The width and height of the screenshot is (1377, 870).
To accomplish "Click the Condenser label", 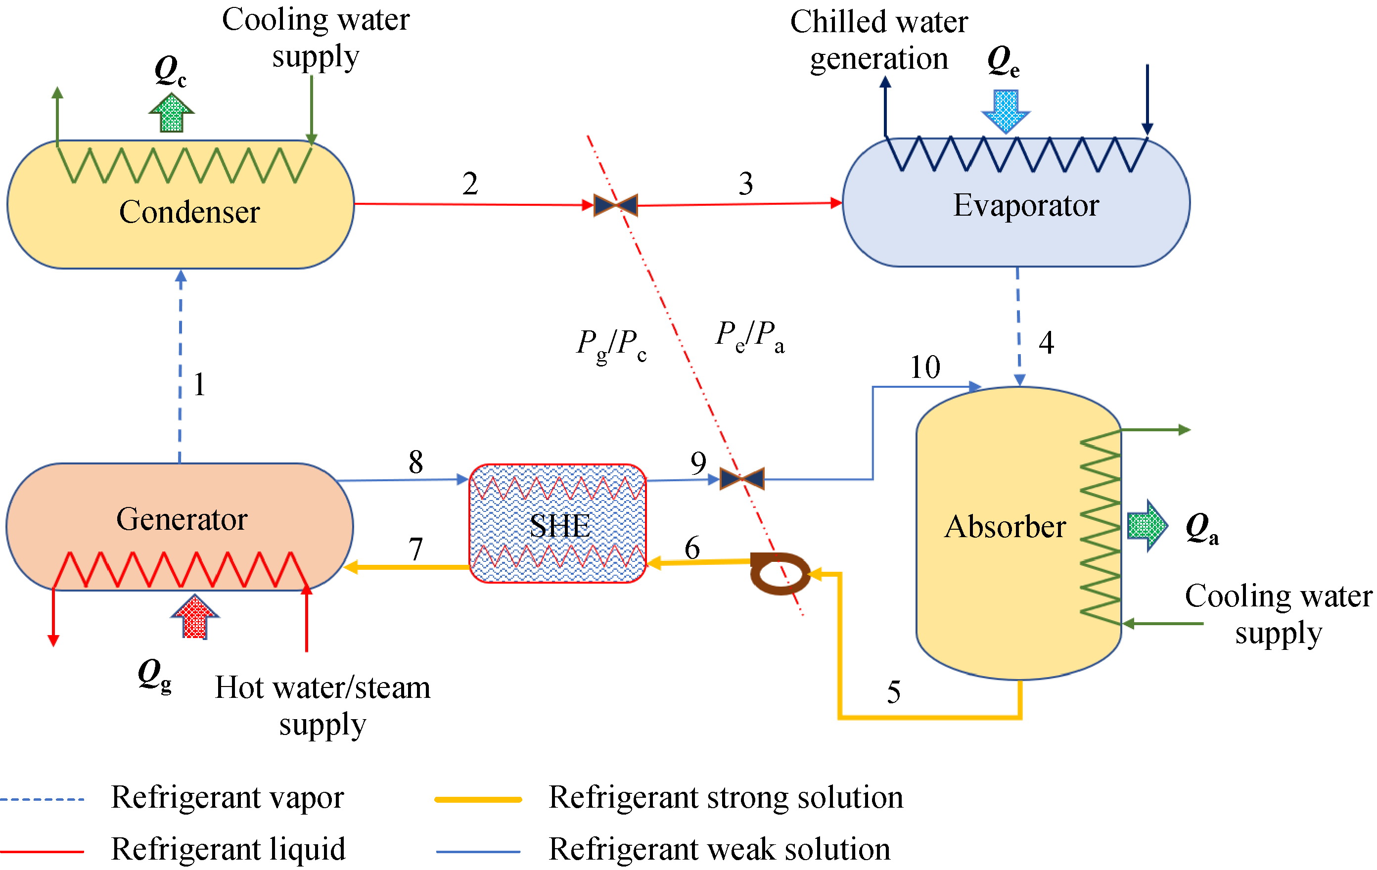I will (x=189, y=212).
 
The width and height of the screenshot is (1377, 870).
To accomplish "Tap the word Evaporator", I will (x=1026, y=205).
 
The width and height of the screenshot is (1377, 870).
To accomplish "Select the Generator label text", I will (x=182, y=519).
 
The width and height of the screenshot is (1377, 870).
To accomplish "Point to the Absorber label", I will (x=1005, y=527).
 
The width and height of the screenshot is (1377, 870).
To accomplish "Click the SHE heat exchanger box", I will (x=557, y=524).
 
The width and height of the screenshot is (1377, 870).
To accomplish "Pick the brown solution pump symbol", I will (x=780, y=573).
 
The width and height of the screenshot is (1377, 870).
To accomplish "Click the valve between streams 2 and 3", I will (x=616, y=205).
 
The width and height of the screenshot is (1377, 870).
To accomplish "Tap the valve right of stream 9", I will (x=742, y=479).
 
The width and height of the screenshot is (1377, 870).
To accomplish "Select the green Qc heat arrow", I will (x=172, y=113).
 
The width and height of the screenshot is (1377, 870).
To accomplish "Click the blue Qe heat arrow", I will (x=1006, y=110).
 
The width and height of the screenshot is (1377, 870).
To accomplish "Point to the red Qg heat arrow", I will (x=195, y=617).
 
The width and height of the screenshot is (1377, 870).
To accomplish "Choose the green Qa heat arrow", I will (x=1147, y=525).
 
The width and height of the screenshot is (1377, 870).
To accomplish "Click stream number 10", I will (x=924, y=367).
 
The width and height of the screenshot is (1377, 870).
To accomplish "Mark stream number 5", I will (x=894, y=692).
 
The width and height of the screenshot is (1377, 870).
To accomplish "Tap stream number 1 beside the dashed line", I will (x=199, y=384).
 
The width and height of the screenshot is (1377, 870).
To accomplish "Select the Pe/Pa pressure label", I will (x=750, y=336).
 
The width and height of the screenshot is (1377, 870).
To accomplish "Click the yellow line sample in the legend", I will (x=478, y=800).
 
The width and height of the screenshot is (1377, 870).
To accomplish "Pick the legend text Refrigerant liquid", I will (x=228, y=849).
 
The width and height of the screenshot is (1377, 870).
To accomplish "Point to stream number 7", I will (x=416, y=549).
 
